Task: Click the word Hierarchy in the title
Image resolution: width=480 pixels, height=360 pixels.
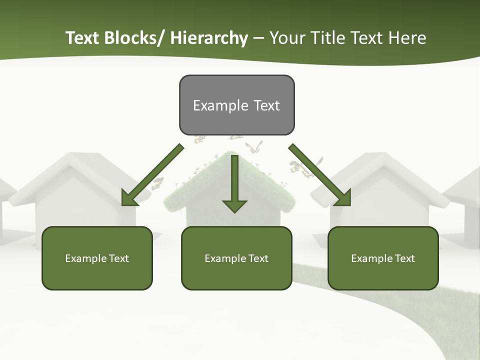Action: point(209,38)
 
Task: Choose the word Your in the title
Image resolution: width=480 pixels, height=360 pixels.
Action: point(287,38)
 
